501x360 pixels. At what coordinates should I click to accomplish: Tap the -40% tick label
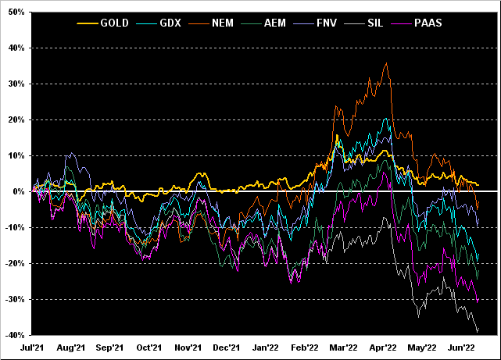tap(16, 335)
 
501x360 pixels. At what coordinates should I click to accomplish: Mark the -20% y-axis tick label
tap(16, 263)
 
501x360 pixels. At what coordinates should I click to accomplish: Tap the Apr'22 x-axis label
tap(384, 348)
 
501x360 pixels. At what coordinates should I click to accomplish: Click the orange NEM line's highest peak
tap(387, 63)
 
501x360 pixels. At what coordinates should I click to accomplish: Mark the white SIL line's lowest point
tap(478, 331)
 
